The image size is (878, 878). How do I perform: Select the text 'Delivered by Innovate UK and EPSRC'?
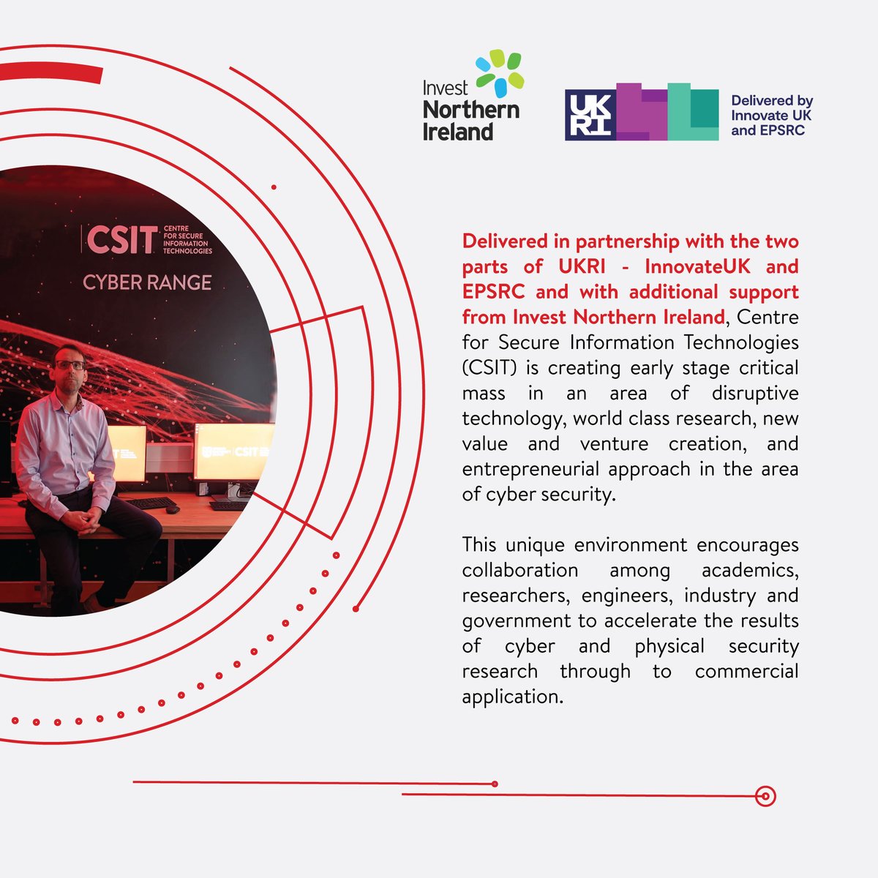[772, 116]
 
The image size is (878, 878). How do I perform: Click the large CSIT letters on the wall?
[121, 240]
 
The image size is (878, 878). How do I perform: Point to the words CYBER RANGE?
[147, 282]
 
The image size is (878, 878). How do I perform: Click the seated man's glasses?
[70, 364]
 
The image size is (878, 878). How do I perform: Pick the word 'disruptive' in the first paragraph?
[754, 393]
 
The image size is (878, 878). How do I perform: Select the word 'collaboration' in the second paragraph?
[519, 570]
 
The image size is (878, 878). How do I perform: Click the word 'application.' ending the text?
[513, 697]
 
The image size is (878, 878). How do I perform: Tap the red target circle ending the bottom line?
[765, 796]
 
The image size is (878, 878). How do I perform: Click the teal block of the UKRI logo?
[692, 111]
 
